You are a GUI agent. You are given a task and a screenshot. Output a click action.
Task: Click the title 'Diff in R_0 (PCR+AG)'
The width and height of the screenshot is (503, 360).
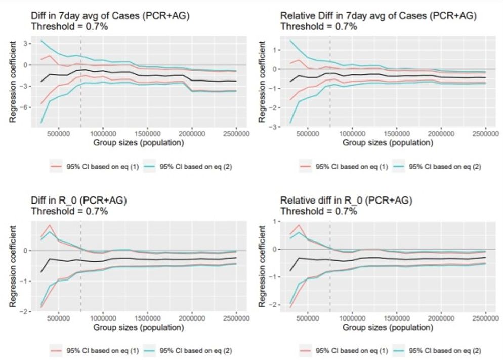click(x=78, y=201)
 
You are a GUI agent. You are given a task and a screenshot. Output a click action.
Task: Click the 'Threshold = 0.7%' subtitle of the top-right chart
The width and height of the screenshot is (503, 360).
click(x=318, y=27)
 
